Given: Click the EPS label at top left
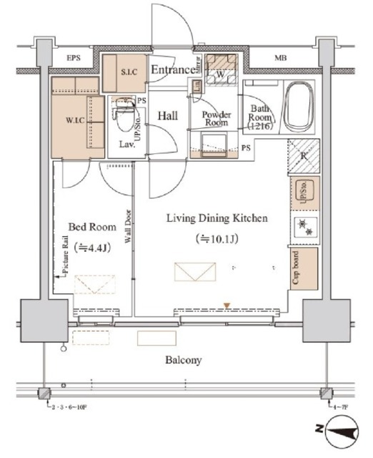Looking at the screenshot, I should [74, 57].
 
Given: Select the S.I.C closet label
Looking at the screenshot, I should [129, 72].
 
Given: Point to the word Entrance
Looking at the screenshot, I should [172, 69].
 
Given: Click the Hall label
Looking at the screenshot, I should [168, 114].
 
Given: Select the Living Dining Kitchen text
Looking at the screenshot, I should [217, 218].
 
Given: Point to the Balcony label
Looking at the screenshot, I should [185, 361].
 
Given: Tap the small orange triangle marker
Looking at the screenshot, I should [227, 306].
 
